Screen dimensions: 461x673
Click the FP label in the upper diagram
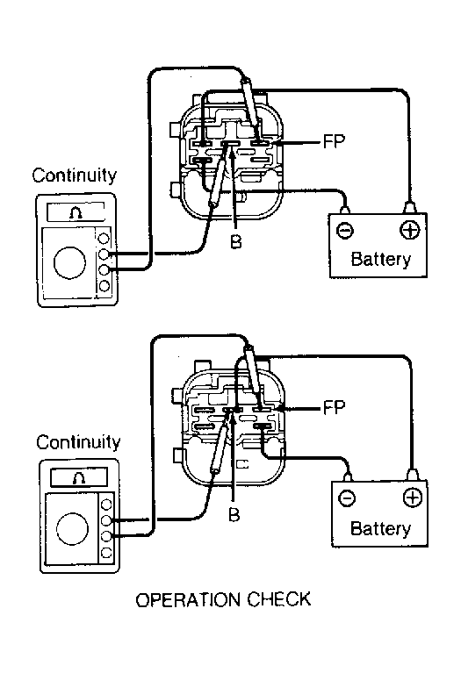click(334, 141)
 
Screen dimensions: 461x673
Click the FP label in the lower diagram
click(334, 408)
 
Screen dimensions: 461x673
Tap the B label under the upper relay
click(235, 242)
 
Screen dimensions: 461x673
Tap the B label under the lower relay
click(234, 514)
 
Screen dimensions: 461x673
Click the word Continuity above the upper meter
click(75, 175)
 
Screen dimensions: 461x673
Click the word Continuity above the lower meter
click(78, 442)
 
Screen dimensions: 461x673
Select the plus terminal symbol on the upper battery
click(409, 230)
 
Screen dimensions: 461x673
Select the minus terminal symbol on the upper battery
click(344, 231)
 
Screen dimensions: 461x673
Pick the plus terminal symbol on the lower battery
click(413, 498)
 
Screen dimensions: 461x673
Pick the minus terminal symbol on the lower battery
click(347, 498)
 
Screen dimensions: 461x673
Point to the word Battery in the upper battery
click(381, 259)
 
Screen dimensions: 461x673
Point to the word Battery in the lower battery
click(381, 528)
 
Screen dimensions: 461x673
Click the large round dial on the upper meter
click(69, 261)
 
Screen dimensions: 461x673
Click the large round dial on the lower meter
click(72, 529)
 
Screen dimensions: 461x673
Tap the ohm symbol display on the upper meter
click(76, 212)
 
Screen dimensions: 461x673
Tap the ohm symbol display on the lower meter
click(79, 477)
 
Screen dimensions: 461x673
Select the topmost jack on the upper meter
click(104, 238)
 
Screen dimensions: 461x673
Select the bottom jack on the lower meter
click(106, 553)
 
